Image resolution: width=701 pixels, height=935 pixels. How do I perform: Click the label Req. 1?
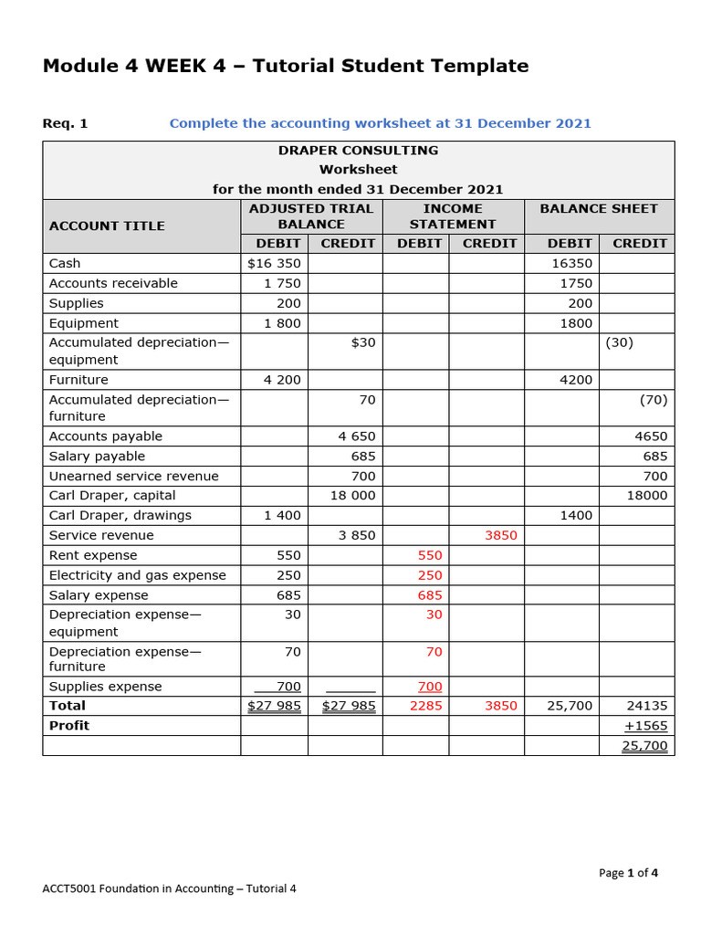66,123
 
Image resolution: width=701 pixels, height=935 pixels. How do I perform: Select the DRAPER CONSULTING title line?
358,150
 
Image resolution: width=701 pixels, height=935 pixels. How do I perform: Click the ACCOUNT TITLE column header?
107,226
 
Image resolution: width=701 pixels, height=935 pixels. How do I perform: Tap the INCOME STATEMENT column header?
453,216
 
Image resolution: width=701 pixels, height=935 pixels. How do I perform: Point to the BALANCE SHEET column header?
599,208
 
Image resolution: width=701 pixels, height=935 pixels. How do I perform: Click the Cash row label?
65,263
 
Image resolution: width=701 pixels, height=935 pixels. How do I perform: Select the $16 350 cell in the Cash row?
274,263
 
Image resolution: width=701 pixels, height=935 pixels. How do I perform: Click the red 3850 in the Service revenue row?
500,535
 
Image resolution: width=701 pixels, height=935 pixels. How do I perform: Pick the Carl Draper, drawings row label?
120,515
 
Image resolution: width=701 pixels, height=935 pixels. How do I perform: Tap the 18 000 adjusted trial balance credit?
352,495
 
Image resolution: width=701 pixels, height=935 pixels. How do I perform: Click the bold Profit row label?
69,725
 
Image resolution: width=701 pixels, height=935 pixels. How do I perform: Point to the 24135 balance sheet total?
647,705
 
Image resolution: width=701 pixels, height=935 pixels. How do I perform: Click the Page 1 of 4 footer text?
628,872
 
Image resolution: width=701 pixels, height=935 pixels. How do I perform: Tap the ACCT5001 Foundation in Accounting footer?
170,888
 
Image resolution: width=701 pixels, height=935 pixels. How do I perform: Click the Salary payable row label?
97,456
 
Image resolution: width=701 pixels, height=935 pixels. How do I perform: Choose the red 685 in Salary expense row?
429,595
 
